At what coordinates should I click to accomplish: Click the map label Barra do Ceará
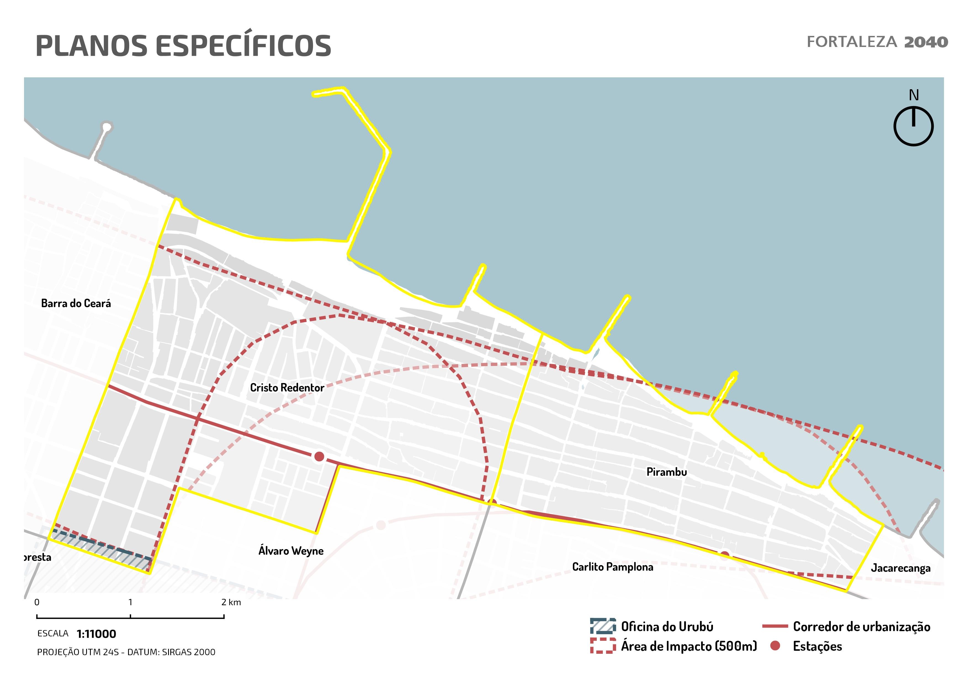point(76,303)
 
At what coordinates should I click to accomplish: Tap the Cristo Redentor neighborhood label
point(287,388)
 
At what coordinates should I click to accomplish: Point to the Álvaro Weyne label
point(291,551)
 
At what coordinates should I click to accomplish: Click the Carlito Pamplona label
point(612,567)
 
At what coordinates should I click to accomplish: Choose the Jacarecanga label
point(901,568)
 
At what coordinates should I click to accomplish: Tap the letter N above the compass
point(914,95)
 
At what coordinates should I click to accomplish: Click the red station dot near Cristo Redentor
point(319,456)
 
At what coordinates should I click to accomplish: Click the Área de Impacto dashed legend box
point(603,646)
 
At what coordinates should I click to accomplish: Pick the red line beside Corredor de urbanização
point(775,627)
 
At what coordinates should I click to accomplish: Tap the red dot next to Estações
point(775,646)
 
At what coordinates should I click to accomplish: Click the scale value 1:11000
point(97,634)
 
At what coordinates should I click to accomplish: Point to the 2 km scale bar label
point(231,602)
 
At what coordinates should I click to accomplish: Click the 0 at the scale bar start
point(37,602)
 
